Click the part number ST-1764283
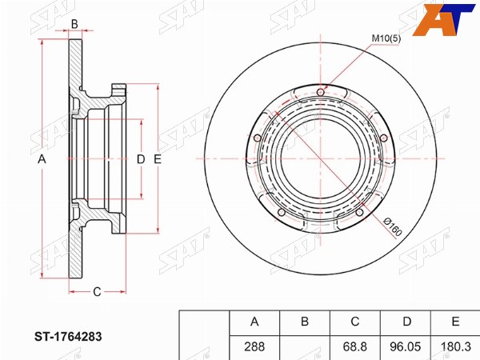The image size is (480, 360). (x=68, y=337)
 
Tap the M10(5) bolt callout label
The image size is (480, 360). (x=386, y=38)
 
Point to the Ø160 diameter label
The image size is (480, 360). (x=393, y=227)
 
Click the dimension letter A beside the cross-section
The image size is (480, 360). (x=42, y=159)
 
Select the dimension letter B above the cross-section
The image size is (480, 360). (x=74, y=24)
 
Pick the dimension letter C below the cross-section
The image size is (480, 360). (x=97, y=292)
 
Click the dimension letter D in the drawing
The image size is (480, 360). (x=141, y=159)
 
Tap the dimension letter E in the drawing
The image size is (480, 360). (x=158, y=159)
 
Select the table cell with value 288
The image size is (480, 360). (x=254, y=347)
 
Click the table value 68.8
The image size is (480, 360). (x=354, y=347)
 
